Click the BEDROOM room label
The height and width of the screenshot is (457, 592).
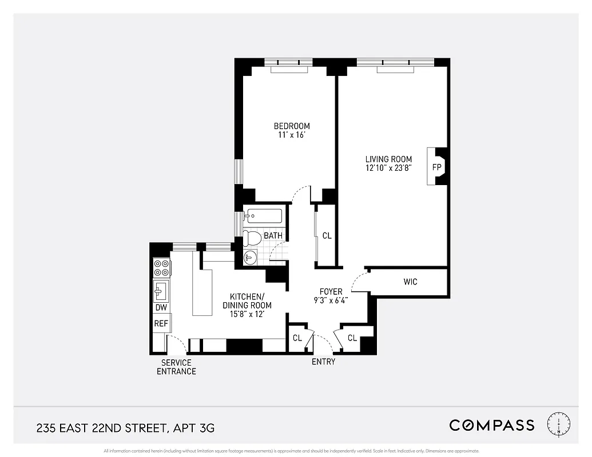(x=292, y=126)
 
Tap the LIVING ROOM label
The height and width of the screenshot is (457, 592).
(x=389, y=159)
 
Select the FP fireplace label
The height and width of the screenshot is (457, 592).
(x=437, y=167)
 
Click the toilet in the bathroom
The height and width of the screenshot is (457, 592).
(x=252, y=237)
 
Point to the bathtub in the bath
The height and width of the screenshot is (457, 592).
(x=264, y=216)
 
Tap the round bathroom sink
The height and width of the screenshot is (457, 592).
(x=249, y=258)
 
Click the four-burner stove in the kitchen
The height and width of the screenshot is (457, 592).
(x=161, y=267)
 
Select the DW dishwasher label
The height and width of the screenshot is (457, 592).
(x=161, y=308)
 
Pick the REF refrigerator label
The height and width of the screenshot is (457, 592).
(x=161, y=324)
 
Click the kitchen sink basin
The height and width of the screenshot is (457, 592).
(x=160, y=291)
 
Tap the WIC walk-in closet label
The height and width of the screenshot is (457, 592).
(x=410, y=282)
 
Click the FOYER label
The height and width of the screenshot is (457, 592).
(x=331, y=291)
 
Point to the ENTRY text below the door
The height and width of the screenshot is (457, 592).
(x=323, y=362)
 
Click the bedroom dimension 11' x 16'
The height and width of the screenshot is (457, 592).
(x=292, y=135)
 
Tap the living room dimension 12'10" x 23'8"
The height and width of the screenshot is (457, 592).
(x=389, y=168)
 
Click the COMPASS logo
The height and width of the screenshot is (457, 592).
(x=492, y=425)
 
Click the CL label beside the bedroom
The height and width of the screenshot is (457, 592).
(x=327, y=235)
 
